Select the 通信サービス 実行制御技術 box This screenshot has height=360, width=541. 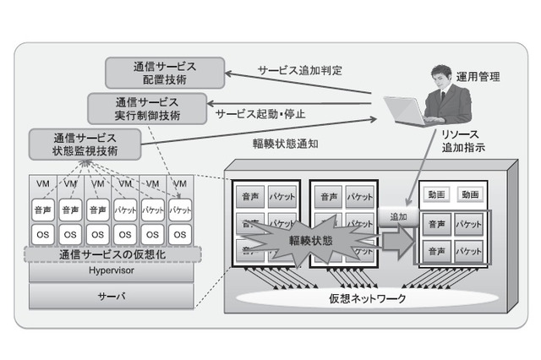(x=145, y=106)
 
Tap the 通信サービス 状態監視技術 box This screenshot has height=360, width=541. (x=85, y=142)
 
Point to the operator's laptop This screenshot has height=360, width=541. (x=407, y=109)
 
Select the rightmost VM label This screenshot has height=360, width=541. (x=179, y=183)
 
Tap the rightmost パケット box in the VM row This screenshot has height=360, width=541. (x=179, y=208)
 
